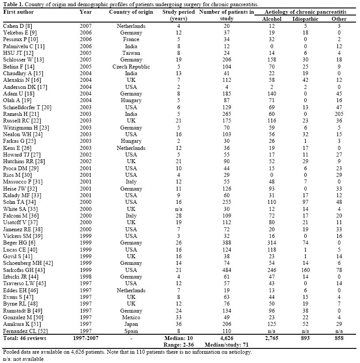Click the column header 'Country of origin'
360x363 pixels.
pyautogui.click(x=131, y=12)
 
